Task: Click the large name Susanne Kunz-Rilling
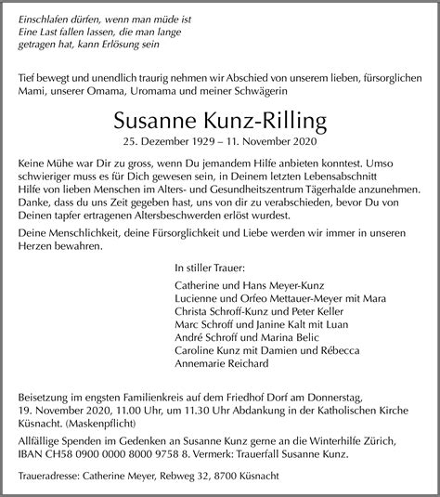[x=220, y=121]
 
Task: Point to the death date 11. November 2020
[x=267, y=141]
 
